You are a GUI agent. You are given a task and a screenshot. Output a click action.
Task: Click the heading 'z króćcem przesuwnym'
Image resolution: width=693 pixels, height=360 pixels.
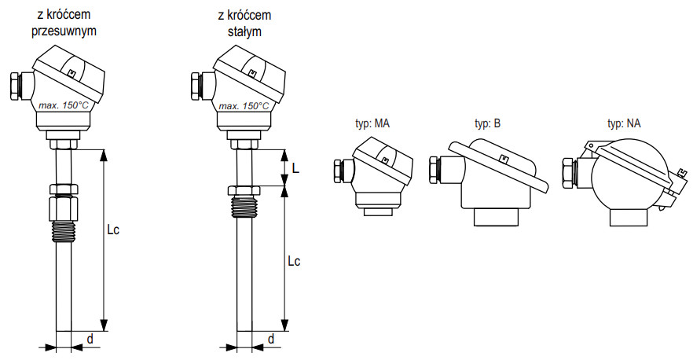pyautogui.click(x=66, y=24)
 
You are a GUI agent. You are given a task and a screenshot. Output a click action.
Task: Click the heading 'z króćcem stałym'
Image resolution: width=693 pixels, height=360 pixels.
pyautogui.click(x=245, y=24)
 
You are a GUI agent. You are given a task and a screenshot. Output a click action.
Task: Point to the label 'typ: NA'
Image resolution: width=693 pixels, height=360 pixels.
pyautogui.click(x=624, y=123)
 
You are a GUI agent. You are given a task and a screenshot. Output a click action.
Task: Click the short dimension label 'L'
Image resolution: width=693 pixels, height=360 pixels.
pyautogui.click(x=295, y=168)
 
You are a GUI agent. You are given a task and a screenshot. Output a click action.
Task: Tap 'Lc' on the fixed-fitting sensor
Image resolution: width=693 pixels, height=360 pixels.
pyautogui.click(x=295, y=259)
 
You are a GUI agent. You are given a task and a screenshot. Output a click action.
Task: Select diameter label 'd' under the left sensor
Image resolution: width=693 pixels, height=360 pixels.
pyautogui.click(x=90, y=339)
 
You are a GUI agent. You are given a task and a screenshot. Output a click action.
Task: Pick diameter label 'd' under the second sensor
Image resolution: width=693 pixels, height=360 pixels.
pyautogui.click(x=270, y=339)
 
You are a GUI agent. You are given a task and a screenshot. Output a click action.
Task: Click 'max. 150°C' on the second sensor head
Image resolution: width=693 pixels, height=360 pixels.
pyautogui.click(x=244, y=105)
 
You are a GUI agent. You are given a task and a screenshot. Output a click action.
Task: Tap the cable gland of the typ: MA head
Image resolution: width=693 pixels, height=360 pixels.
pyautogui.click(x=340, y=172)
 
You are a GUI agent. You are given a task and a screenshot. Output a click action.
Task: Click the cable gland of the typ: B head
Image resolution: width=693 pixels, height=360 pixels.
pyautogui.click(x=434, y=170)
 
